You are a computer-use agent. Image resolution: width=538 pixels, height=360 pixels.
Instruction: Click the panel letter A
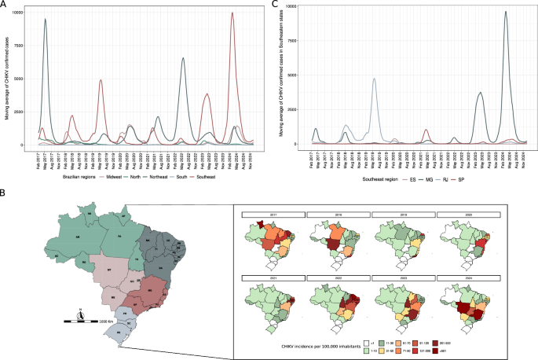[4, 5]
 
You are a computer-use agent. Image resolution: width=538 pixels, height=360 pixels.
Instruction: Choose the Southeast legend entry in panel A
[203, 178]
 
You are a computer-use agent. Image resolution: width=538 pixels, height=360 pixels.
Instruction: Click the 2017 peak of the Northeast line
[46, 20]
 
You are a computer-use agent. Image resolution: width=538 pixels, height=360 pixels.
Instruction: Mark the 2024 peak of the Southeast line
[232, 13]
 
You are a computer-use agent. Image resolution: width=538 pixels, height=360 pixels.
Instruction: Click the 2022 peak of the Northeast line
[183, 58]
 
